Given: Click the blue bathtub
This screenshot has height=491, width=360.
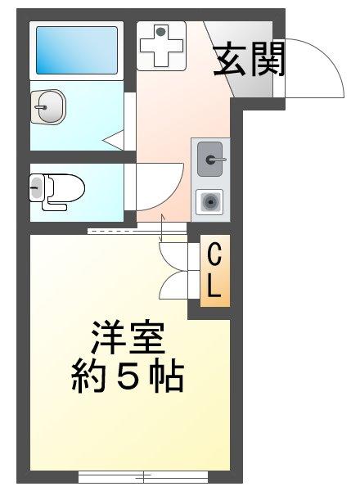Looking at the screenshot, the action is (77, 51).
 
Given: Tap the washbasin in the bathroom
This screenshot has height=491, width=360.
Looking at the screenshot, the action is (48, 106).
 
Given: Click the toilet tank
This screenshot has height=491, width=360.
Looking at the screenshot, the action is (36, 188).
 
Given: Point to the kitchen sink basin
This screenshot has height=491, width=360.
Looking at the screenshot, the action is (210, 159).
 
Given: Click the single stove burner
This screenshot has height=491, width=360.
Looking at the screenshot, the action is (209, 202).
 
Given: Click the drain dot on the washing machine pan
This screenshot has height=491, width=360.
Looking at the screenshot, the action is (160, 32).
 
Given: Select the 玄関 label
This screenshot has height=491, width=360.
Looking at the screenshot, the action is (249, 59).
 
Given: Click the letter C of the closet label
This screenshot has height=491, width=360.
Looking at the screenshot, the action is (215, 255).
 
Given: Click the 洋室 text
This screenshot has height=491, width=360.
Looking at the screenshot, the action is (127, 337).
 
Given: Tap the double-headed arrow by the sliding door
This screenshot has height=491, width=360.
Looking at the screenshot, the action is (161, 228).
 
